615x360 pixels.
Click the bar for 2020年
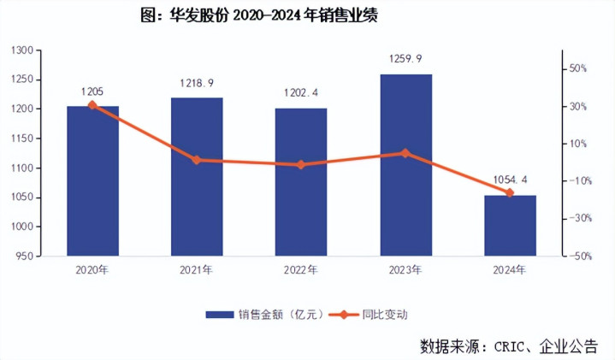(92, 181)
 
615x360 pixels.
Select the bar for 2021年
(197, 177)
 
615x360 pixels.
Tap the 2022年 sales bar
(301, 182)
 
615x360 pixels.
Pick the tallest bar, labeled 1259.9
(405, 165)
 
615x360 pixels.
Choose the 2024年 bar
(510, 226)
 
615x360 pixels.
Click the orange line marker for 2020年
(92, 105)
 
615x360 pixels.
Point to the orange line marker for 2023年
(405, 153)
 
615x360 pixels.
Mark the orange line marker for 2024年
(510, 193)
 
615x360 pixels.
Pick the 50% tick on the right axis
(578, 68)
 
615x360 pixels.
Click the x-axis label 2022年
(301, 270)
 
